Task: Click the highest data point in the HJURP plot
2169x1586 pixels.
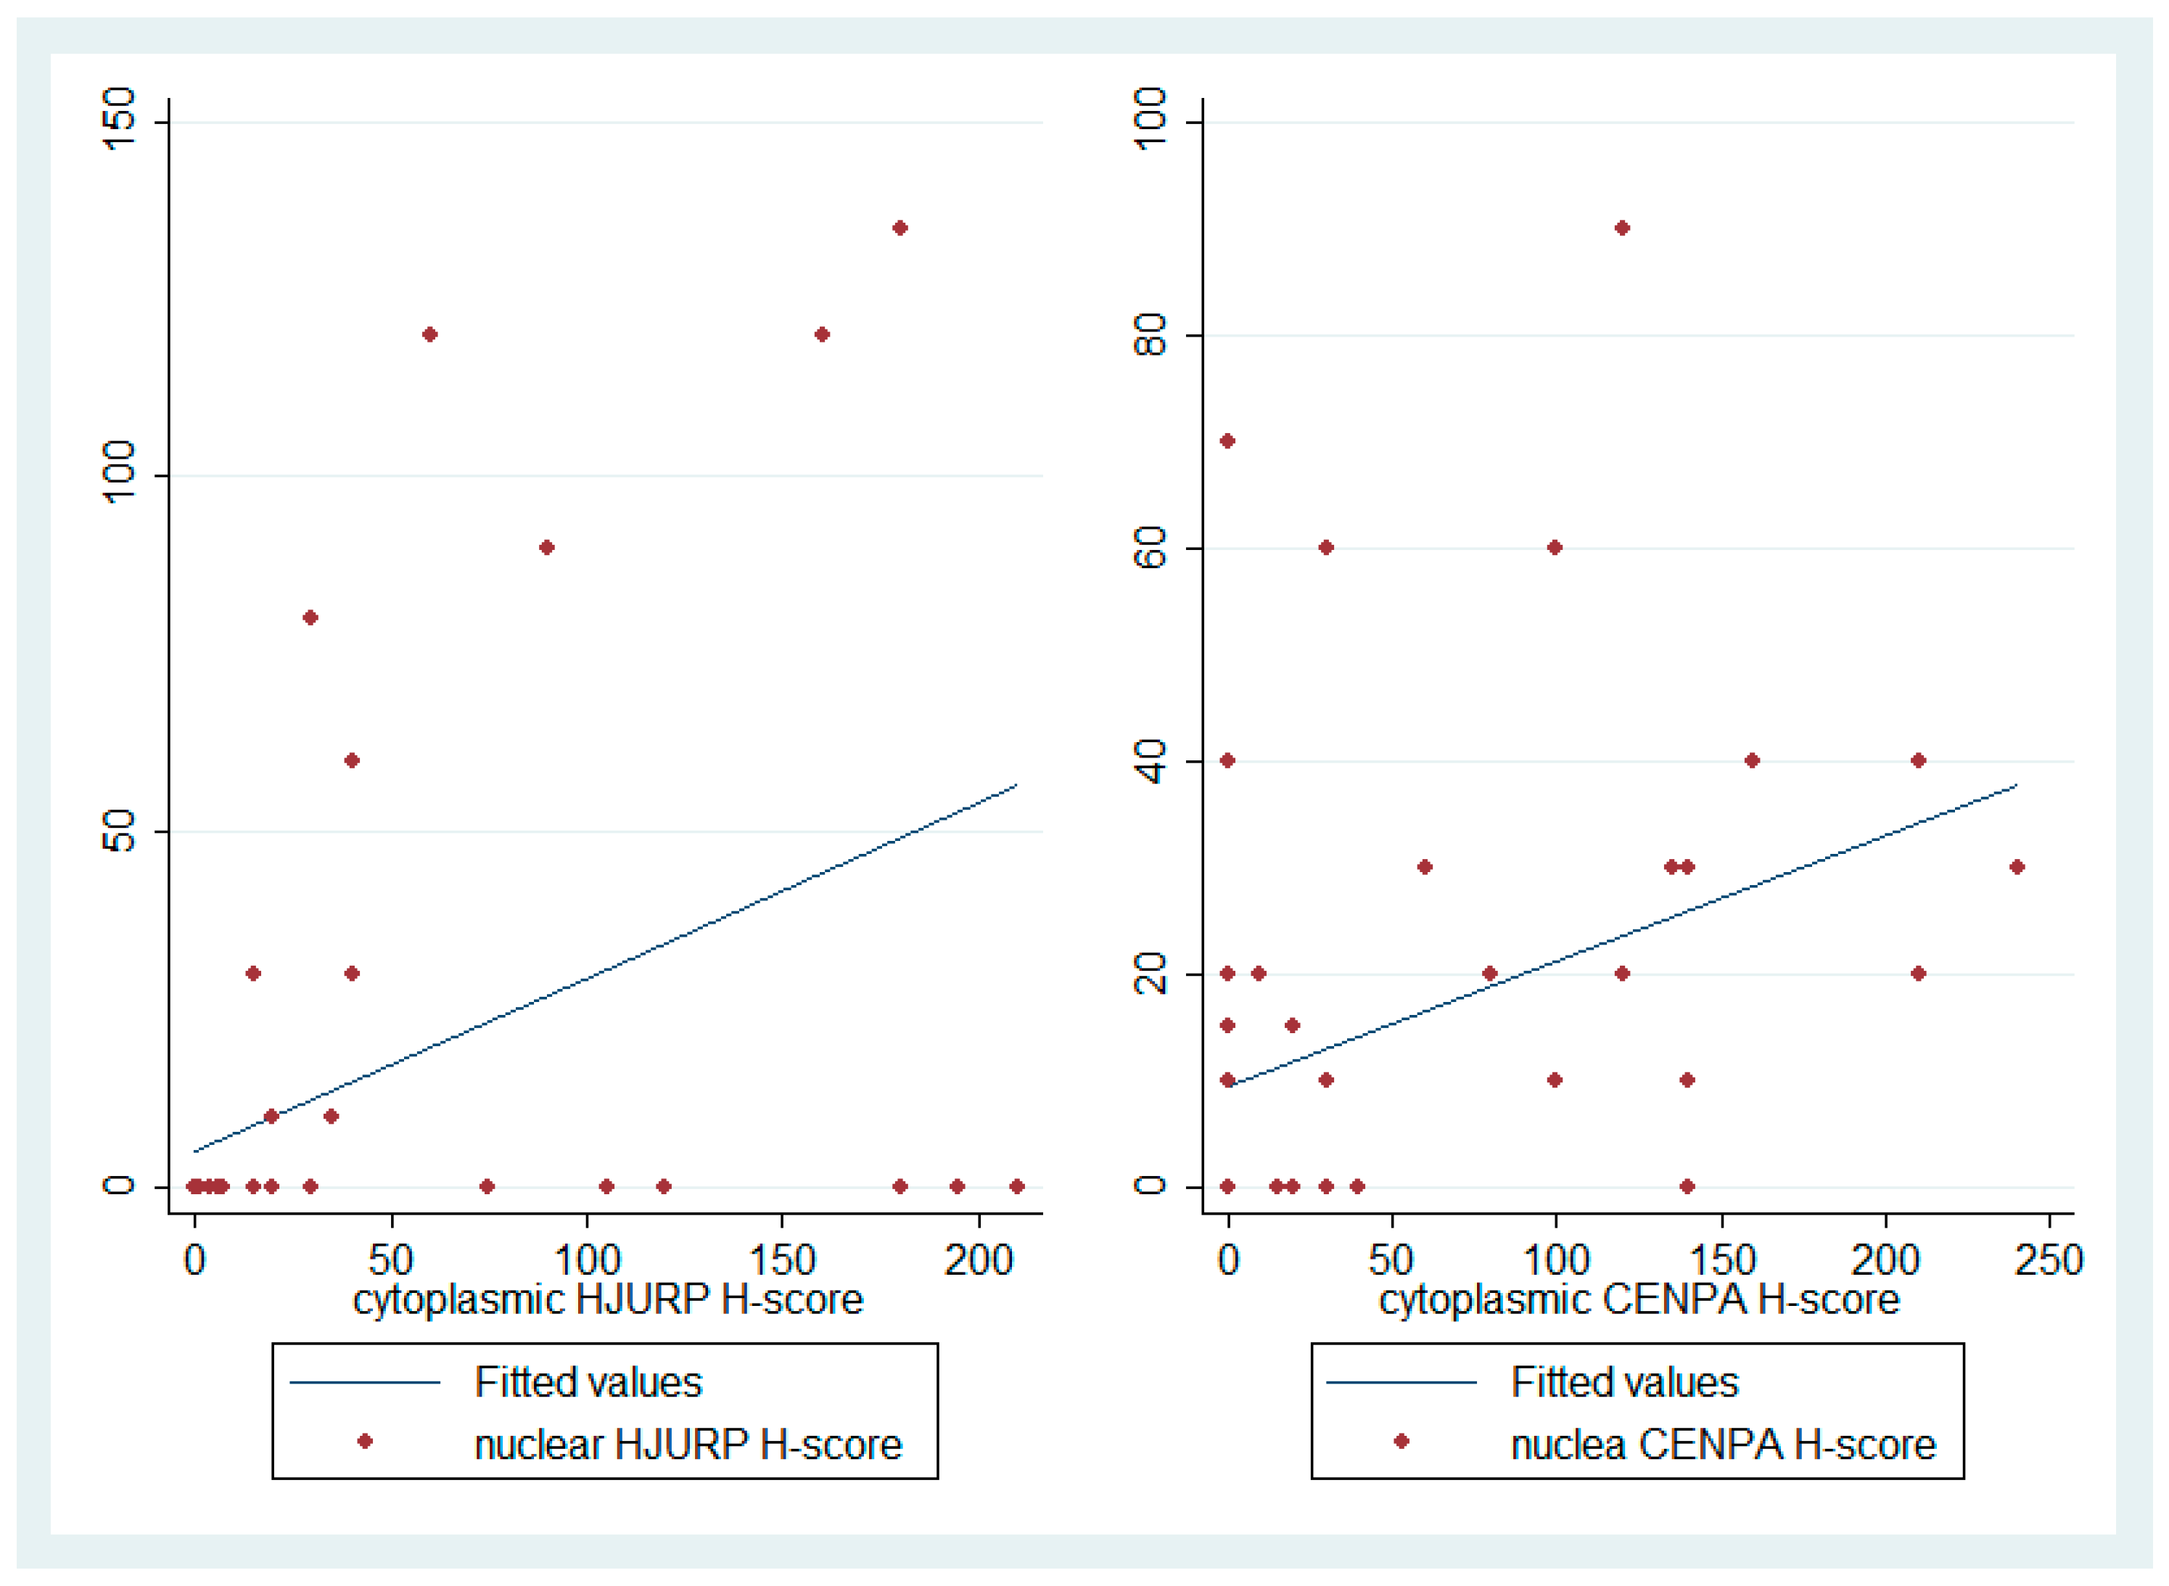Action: pyautogui.click(x=900, y=228)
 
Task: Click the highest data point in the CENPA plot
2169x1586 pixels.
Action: pyautogui.click(x=1622, y=228)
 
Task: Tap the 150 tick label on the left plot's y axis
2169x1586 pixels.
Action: pyautogui.click(x=119, y=119)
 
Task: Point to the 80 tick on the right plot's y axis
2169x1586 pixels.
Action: pyautogui.click(x=1149, y=335)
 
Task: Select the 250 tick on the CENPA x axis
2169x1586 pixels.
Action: pyautogui.click(x=2048, y=1260)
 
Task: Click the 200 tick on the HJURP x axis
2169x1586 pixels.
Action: pyautogui.click(x=978, y=1260)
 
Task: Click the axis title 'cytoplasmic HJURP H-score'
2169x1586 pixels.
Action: pyautogui.click(x=607, y=1299)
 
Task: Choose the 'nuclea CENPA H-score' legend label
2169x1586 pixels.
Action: pyautogui.click(x=1723, y=1444)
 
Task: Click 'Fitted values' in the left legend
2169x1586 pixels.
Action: pyautogui.click(x=588, y=1382)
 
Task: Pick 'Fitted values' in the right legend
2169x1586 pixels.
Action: pyautogui.click(x=1624, y=1382)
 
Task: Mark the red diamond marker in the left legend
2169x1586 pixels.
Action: pyautogui.click(x=365, y=1441)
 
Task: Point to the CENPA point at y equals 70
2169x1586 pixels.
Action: pyautogui.click(x=1227, y=440)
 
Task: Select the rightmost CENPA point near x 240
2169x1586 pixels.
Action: pyautogui.click(x=2017, y=867)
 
